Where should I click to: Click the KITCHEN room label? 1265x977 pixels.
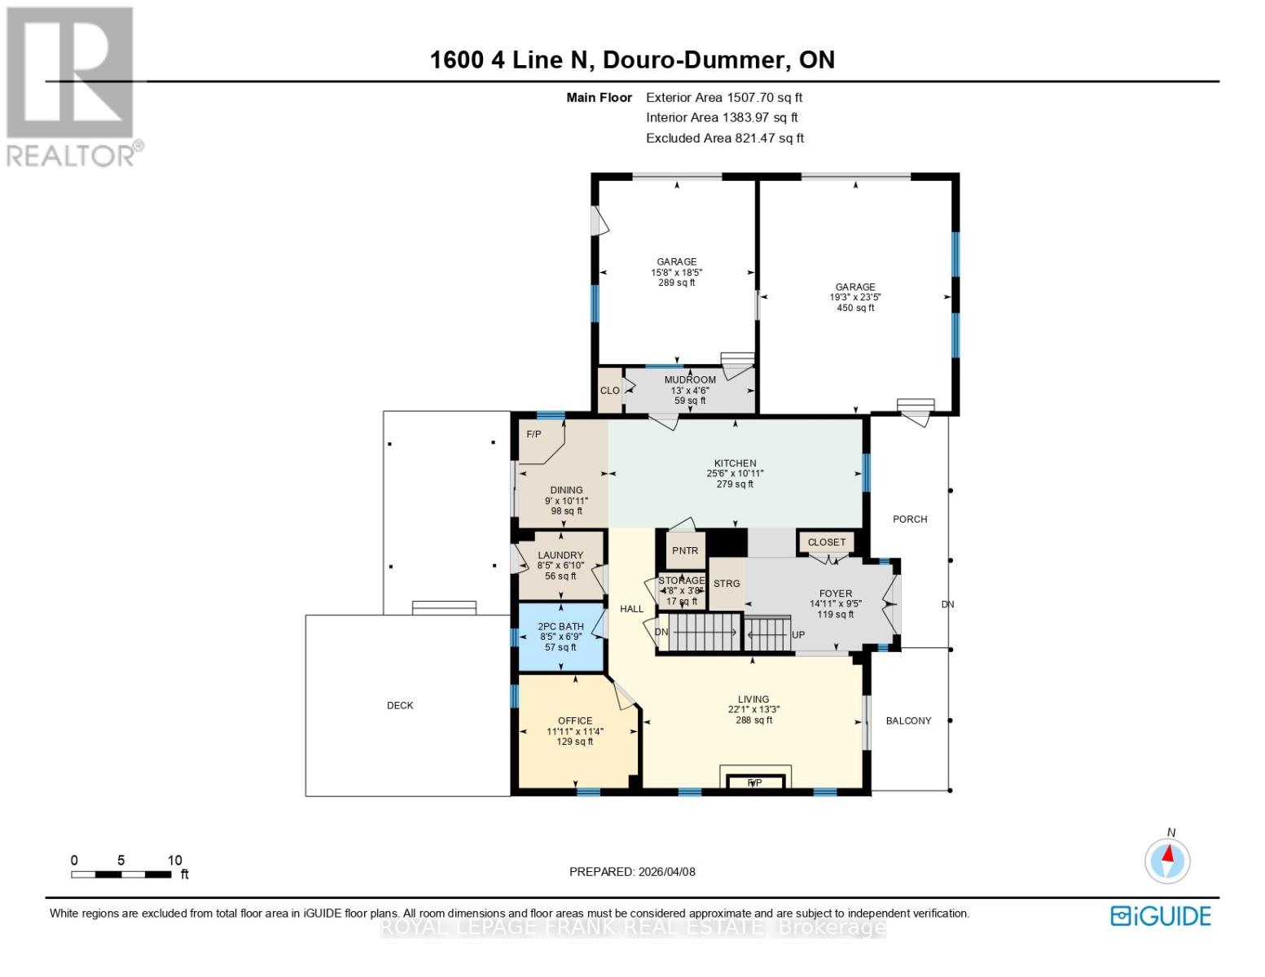tap(735, 463)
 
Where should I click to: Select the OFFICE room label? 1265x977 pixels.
tap(575, 721)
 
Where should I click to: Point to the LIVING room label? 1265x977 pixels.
tap(753, 699)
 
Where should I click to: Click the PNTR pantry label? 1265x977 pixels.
tap(685, 551)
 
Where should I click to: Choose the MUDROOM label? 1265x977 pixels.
tap(690, 380)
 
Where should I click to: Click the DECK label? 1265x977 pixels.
tap(400, 706)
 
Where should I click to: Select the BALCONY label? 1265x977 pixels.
tap(908, 721)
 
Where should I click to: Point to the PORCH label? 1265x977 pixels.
tap(910, 519)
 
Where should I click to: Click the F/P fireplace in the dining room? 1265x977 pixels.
tap(534, 435)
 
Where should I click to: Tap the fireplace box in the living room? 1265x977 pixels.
tap(755, 782)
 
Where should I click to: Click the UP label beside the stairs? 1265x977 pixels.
tap(798, 635)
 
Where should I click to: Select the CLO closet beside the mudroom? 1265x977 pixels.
tap(609, 391)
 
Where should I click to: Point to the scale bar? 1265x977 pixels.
tap(121, 874)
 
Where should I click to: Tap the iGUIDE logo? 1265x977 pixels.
tap(1161, 916)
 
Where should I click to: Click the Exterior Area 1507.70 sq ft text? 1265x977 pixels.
tap(724, 98)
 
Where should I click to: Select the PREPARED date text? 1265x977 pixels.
tap(632, 872)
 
